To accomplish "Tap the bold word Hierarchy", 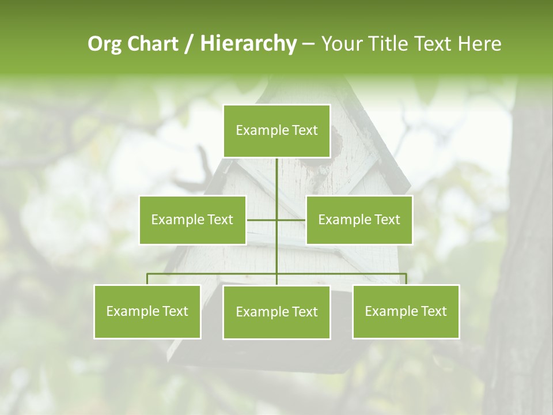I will tap(248, 44).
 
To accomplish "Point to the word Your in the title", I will tap(341, 44).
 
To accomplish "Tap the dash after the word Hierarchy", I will tap(308, 44).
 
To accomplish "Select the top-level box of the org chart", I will tap(276, 131).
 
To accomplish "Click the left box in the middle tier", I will tap(192, 220).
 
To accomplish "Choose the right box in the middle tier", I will tap(359, 220).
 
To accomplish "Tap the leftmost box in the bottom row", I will tap(147, 312).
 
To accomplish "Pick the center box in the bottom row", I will tap(276, 312).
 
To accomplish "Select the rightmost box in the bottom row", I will tap(406, 312).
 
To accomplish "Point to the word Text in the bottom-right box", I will tap(433, 311).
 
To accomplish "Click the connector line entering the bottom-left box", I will tap(147, 279).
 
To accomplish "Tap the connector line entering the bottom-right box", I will tap(406, 279).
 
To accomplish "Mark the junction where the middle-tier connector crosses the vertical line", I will tap(276, 220).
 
